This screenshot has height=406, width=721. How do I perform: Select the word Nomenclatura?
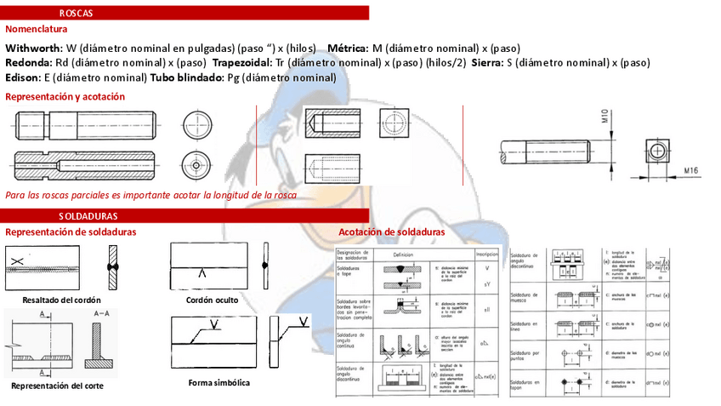36,29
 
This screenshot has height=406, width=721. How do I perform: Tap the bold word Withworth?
33,49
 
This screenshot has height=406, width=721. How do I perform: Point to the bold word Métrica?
349,49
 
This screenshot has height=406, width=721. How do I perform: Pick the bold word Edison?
23,77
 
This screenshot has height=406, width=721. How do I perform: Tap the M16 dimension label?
690,171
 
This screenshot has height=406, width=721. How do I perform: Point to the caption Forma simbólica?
219,383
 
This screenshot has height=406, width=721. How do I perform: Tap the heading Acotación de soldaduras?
391,232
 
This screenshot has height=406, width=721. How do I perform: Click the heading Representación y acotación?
65,97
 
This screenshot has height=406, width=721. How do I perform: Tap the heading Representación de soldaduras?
71,232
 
